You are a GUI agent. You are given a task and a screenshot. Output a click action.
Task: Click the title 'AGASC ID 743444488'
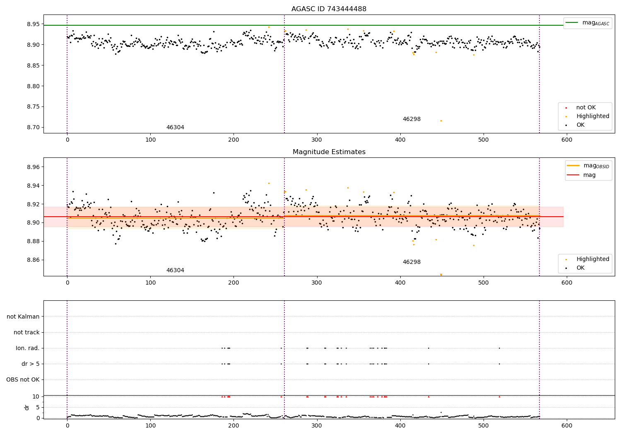tap(329, 9)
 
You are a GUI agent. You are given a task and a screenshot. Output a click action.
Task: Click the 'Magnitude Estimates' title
tap(329, 152)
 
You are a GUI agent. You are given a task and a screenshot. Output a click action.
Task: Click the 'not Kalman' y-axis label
tap(23, 317)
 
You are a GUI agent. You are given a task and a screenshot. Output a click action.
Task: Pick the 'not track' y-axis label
tap(26, 332)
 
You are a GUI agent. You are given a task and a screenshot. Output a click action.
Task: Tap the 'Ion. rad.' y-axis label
tap(28, 348)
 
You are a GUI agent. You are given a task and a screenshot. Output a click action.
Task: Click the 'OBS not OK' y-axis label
tap(23, 379)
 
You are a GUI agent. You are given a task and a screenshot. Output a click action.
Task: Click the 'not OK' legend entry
tap(586, 108)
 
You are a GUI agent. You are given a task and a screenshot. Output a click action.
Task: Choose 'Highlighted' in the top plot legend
tap(592, 116)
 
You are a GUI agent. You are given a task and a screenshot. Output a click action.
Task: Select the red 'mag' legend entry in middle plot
tap(589, 175)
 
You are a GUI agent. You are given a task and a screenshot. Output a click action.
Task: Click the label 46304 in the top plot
tap(175, 128)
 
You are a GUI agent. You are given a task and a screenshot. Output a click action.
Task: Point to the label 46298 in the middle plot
tap(412, 262)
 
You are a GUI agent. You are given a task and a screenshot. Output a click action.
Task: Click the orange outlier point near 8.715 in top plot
tap(441, 121)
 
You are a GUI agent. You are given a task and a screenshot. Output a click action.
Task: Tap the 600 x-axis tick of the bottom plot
tap(567, 425)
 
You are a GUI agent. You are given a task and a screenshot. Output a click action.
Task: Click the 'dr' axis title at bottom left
tap(27, 407)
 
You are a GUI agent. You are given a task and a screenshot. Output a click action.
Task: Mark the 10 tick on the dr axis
tap(36, 396)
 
